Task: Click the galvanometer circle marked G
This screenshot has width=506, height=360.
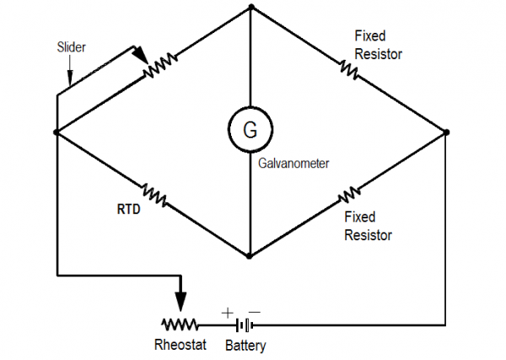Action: [x=250, y=130]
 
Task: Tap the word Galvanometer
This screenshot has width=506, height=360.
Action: [x=293, y=164]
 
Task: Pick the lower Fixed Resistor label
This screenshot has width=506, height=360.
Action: [x=368, y=226]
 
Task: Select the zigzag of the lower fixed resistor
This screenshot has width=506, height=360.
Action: [x=347, y=195]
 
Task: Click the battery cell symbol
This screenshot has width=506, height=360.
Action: [x=244, y=325]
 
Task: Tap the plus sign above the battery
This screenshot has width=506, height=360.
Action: [x=227, y=313]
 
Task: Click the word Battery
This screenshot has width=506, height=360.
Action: [x=245, y=345]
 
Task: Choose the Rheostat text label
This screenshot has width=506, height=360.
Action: [x=179, y=345]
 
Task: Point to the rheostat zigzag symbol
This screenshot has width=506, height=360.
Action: [x=179, y=325]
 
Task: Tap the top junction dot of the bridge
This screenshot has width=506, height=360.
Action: [x=250, y=8]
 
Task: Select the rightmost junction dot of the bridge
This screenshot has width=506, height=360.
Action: [x=445, y=132]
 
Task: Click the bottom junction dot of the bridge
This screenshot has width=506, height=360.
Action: [x=250, y=255]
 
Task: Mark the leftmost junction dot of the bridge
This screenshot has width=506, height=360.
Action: [x=56, y=132]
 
